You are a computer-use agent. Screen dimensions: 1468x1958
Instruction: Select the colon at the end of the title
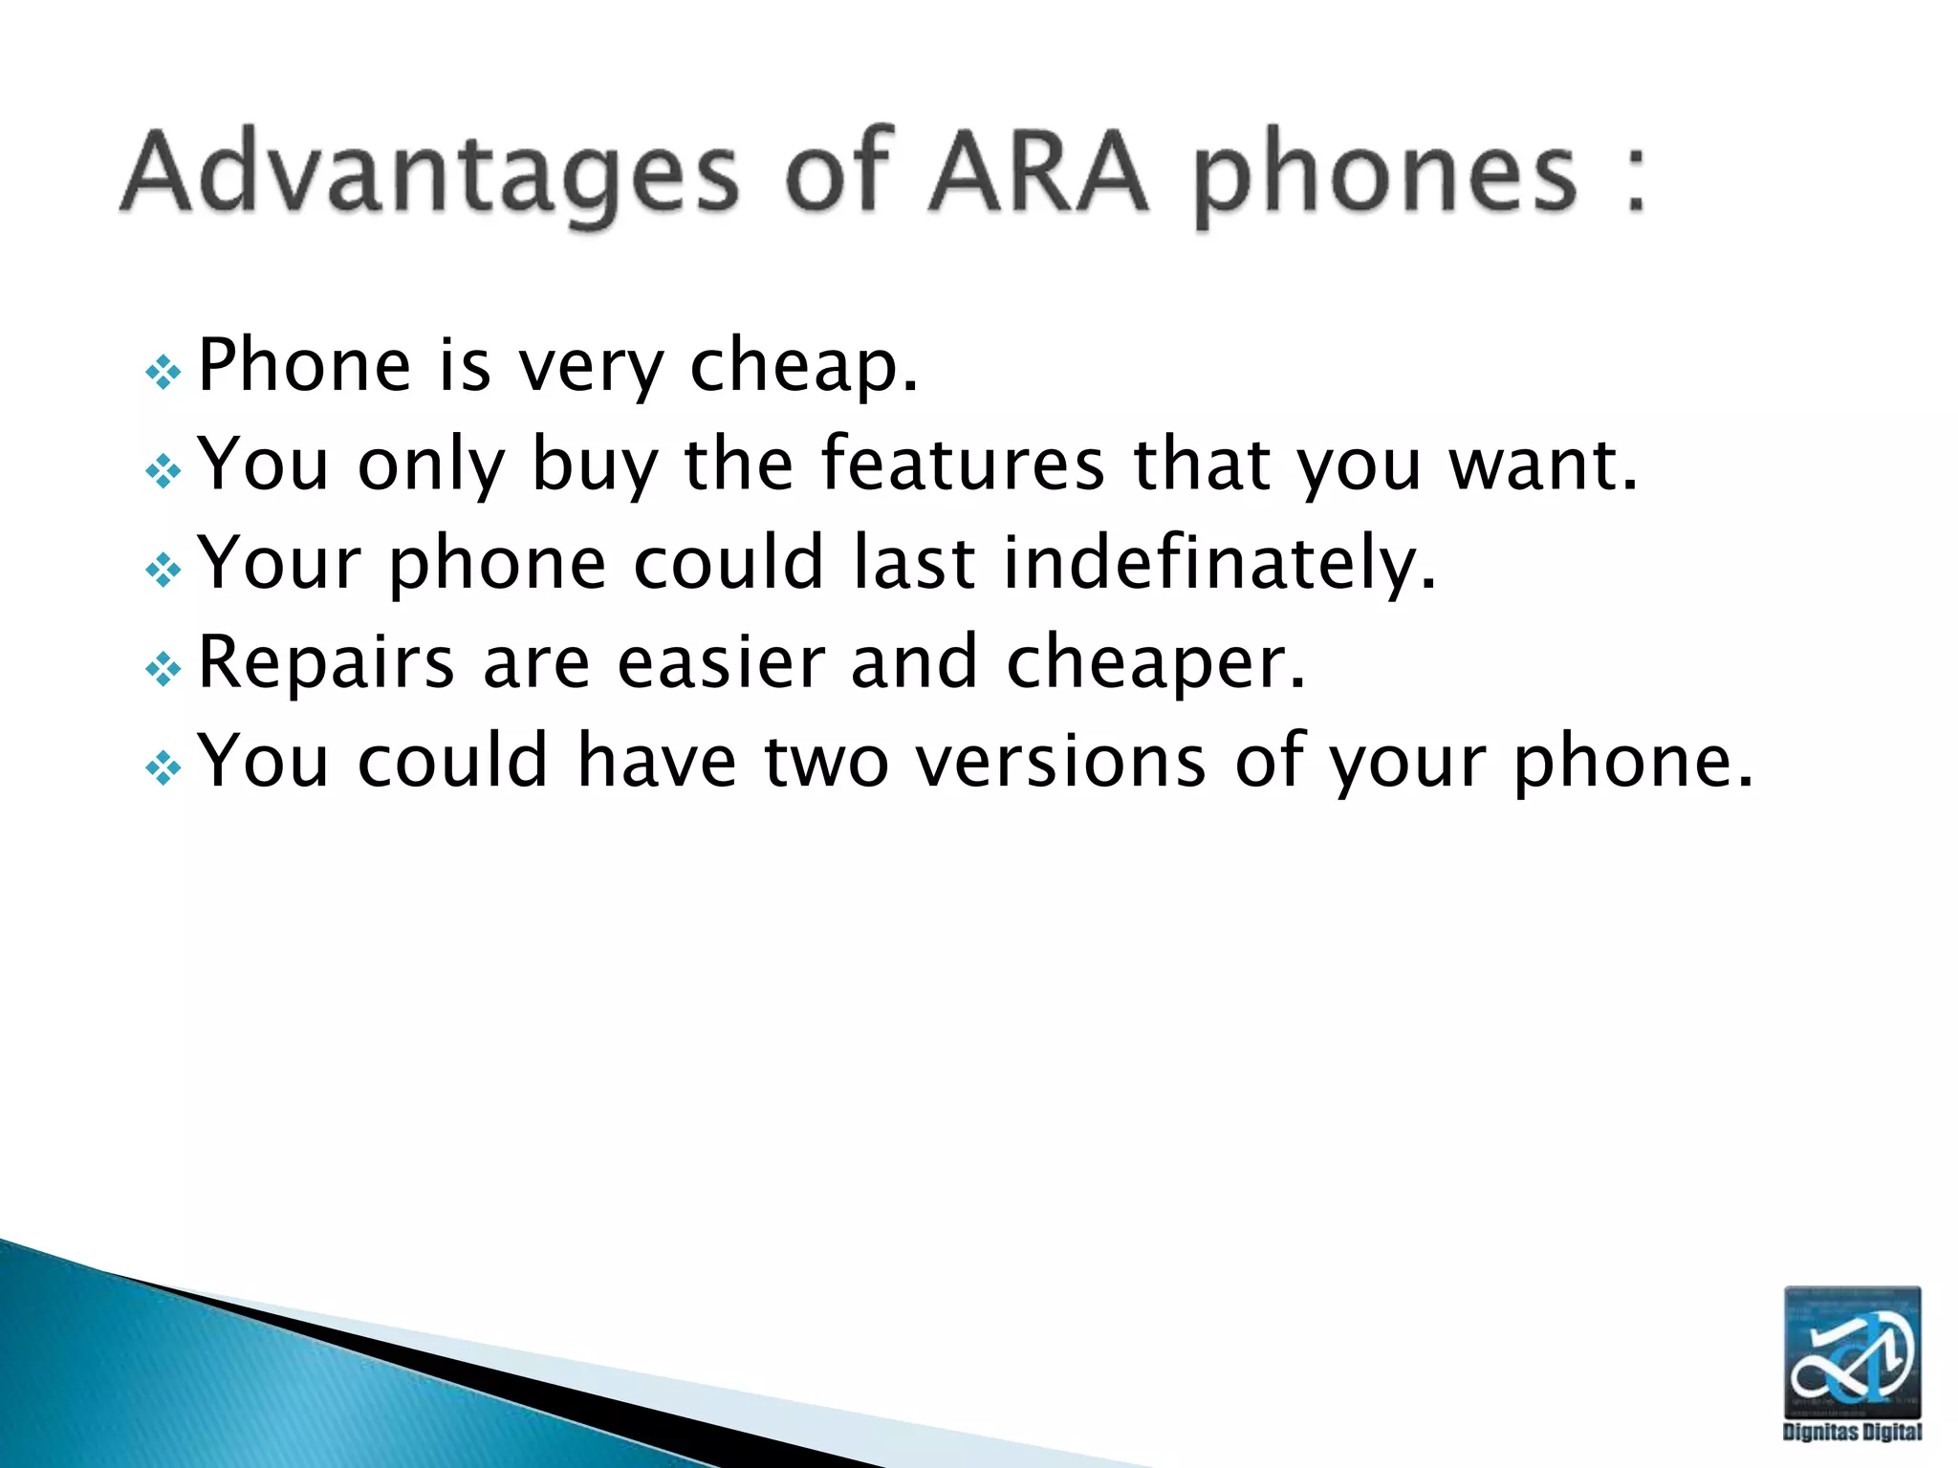point(1636,177)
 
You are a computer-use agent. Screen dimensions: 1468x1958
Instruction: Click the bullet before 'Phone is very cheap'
point(163,372)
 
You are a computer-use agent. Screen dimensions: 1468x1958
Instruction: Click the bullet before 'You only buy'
point(163,470)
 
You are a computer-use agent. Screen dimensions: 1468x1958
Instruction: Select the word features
point(962,464)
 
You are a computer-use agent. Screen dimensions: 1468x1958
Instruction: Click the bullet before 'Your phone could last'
point(163,570)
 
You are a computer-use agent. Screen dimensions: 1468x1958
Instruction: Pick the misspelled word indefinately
point(1219,563)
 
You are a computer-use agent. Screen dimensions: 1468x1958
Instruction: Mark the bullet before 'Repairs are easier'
point(163,669)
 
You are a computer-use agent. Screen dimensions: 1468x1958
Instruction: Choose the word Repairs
point(326,662)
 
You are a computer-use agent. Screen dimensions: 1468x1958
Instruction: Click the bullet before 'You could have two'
point(163,767)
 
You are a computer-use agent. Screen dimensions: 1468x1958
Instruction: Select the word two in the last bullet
point(826,762)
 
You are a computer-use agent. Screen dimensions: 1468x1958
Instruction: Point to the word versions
point(1060,762)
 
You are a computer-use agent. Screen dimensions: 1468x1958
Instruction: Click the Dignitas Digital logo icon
point(1852,1350)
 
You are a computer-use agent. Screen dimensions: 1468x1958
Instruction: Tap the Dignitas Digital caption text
point(1852,1431)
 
